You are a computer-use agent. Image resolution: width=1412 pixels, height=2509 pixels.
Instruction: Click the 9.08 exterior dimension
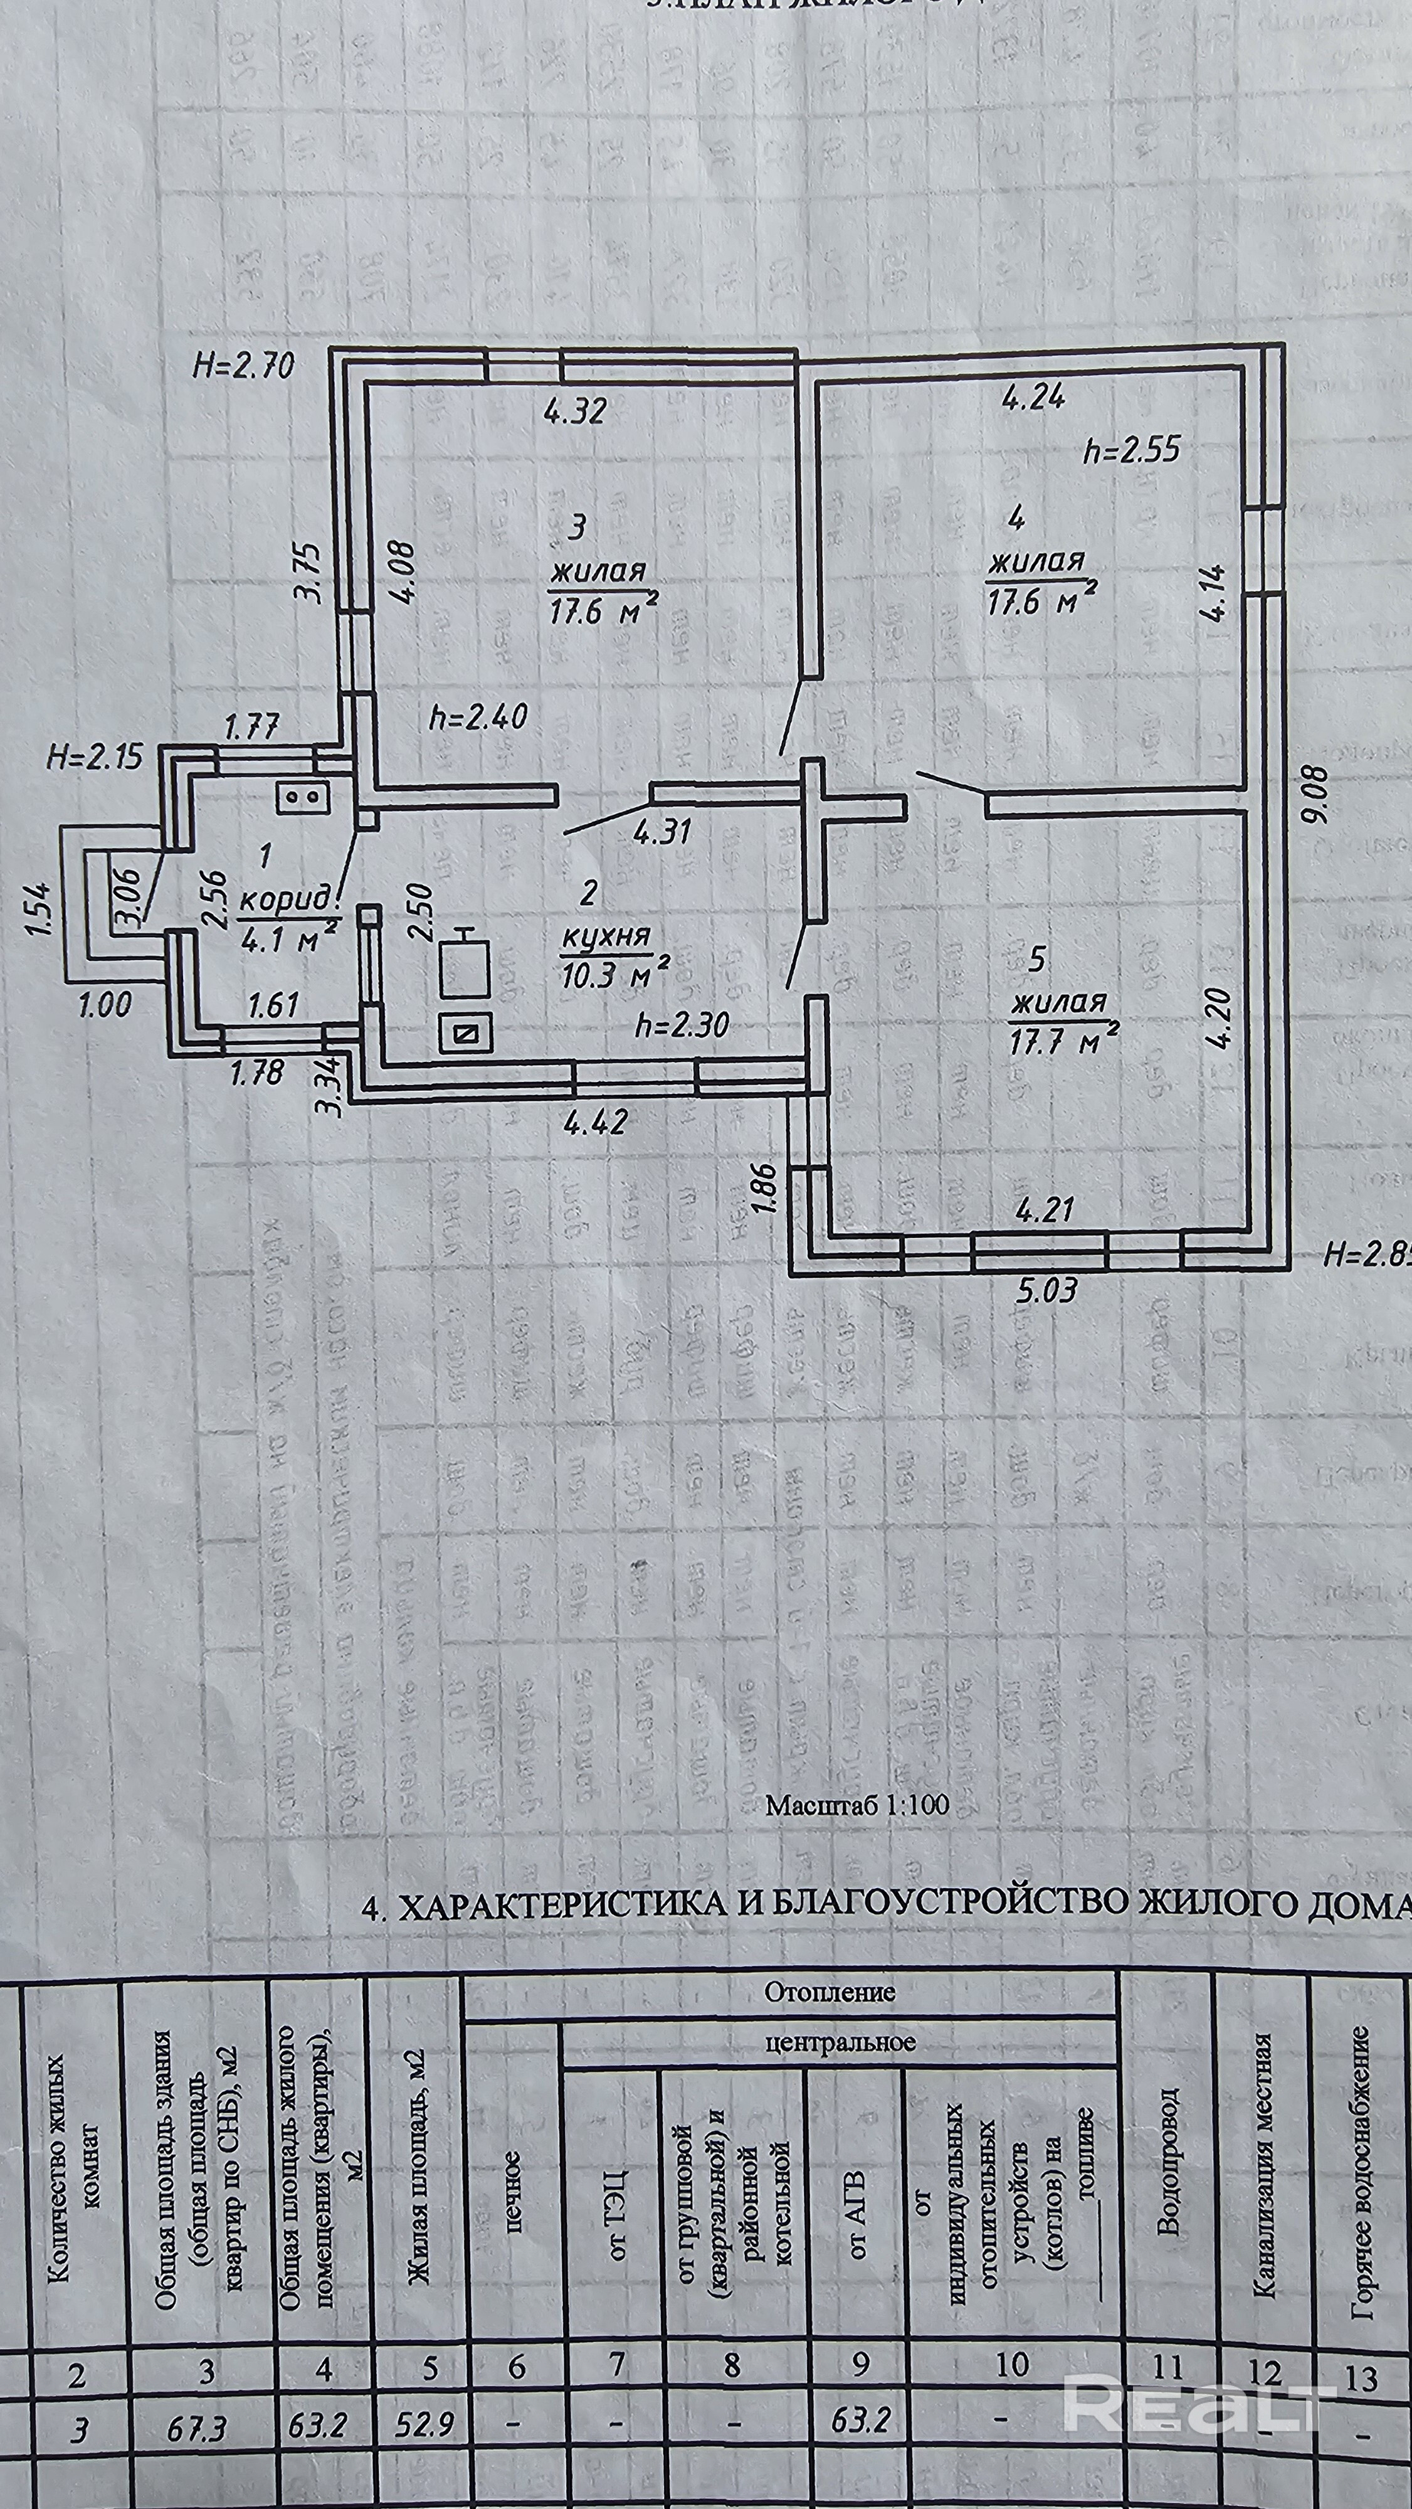[1319, 797]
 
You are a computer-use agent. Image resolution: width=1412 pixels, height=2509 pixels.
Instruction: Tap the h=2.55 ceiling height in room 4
[1132, 449]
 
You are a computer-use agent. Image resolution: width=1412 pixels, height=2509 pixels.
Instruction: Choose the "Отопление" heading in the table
[829, 1992]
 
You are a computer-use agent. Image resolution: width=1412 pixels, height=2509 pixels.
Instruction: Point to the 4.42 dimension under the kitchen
[595, 1122]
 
